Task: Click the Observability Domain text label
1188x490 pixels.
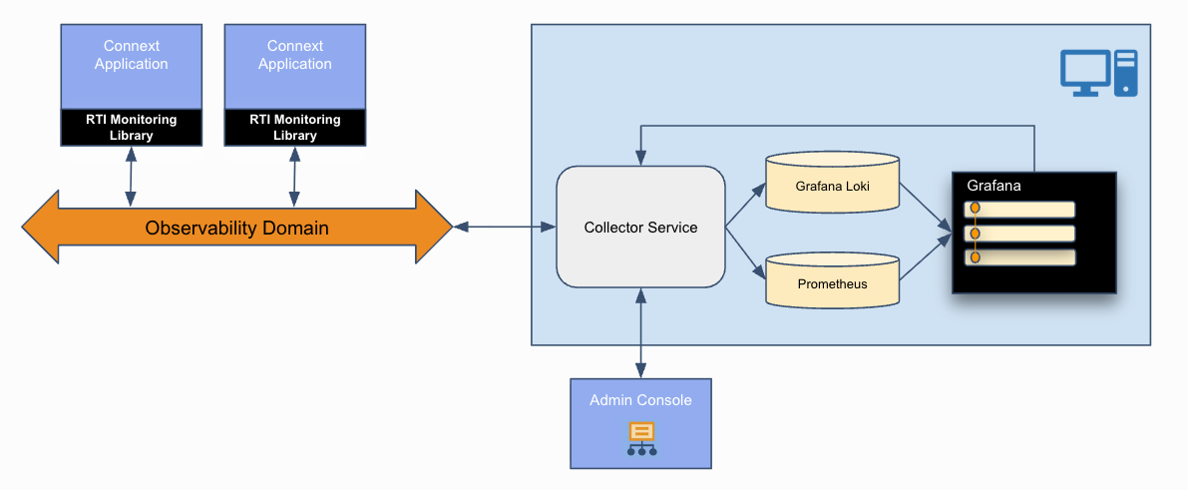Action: coord(236,229)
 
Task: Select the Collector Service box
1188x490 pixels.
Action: coord(640,228)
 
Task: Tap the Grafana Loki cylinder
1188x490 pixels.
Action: coord(833,186)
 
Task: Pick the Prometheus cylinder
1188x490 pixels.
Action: coord(833,283)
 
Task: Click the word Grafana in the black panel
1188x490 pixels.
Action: coord(993,186)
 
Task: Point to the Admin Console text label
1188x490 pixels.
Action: coord(640,400)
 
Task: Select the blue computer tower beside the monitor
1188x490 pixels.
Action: coord(1126,73)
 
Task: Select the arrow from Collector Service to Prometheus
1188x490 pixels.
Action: coord(744,250)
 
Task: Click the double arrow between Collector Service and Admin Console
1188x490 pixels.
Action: coord(640,333)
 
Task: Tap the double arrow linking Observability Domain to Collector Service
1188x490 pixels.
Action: coord(505,228)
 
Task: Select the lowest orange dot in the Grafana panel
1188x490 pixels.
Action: coord(976,256)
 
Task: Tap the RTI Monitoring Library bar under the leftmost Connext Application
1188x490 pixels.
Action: coord(131,127)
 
